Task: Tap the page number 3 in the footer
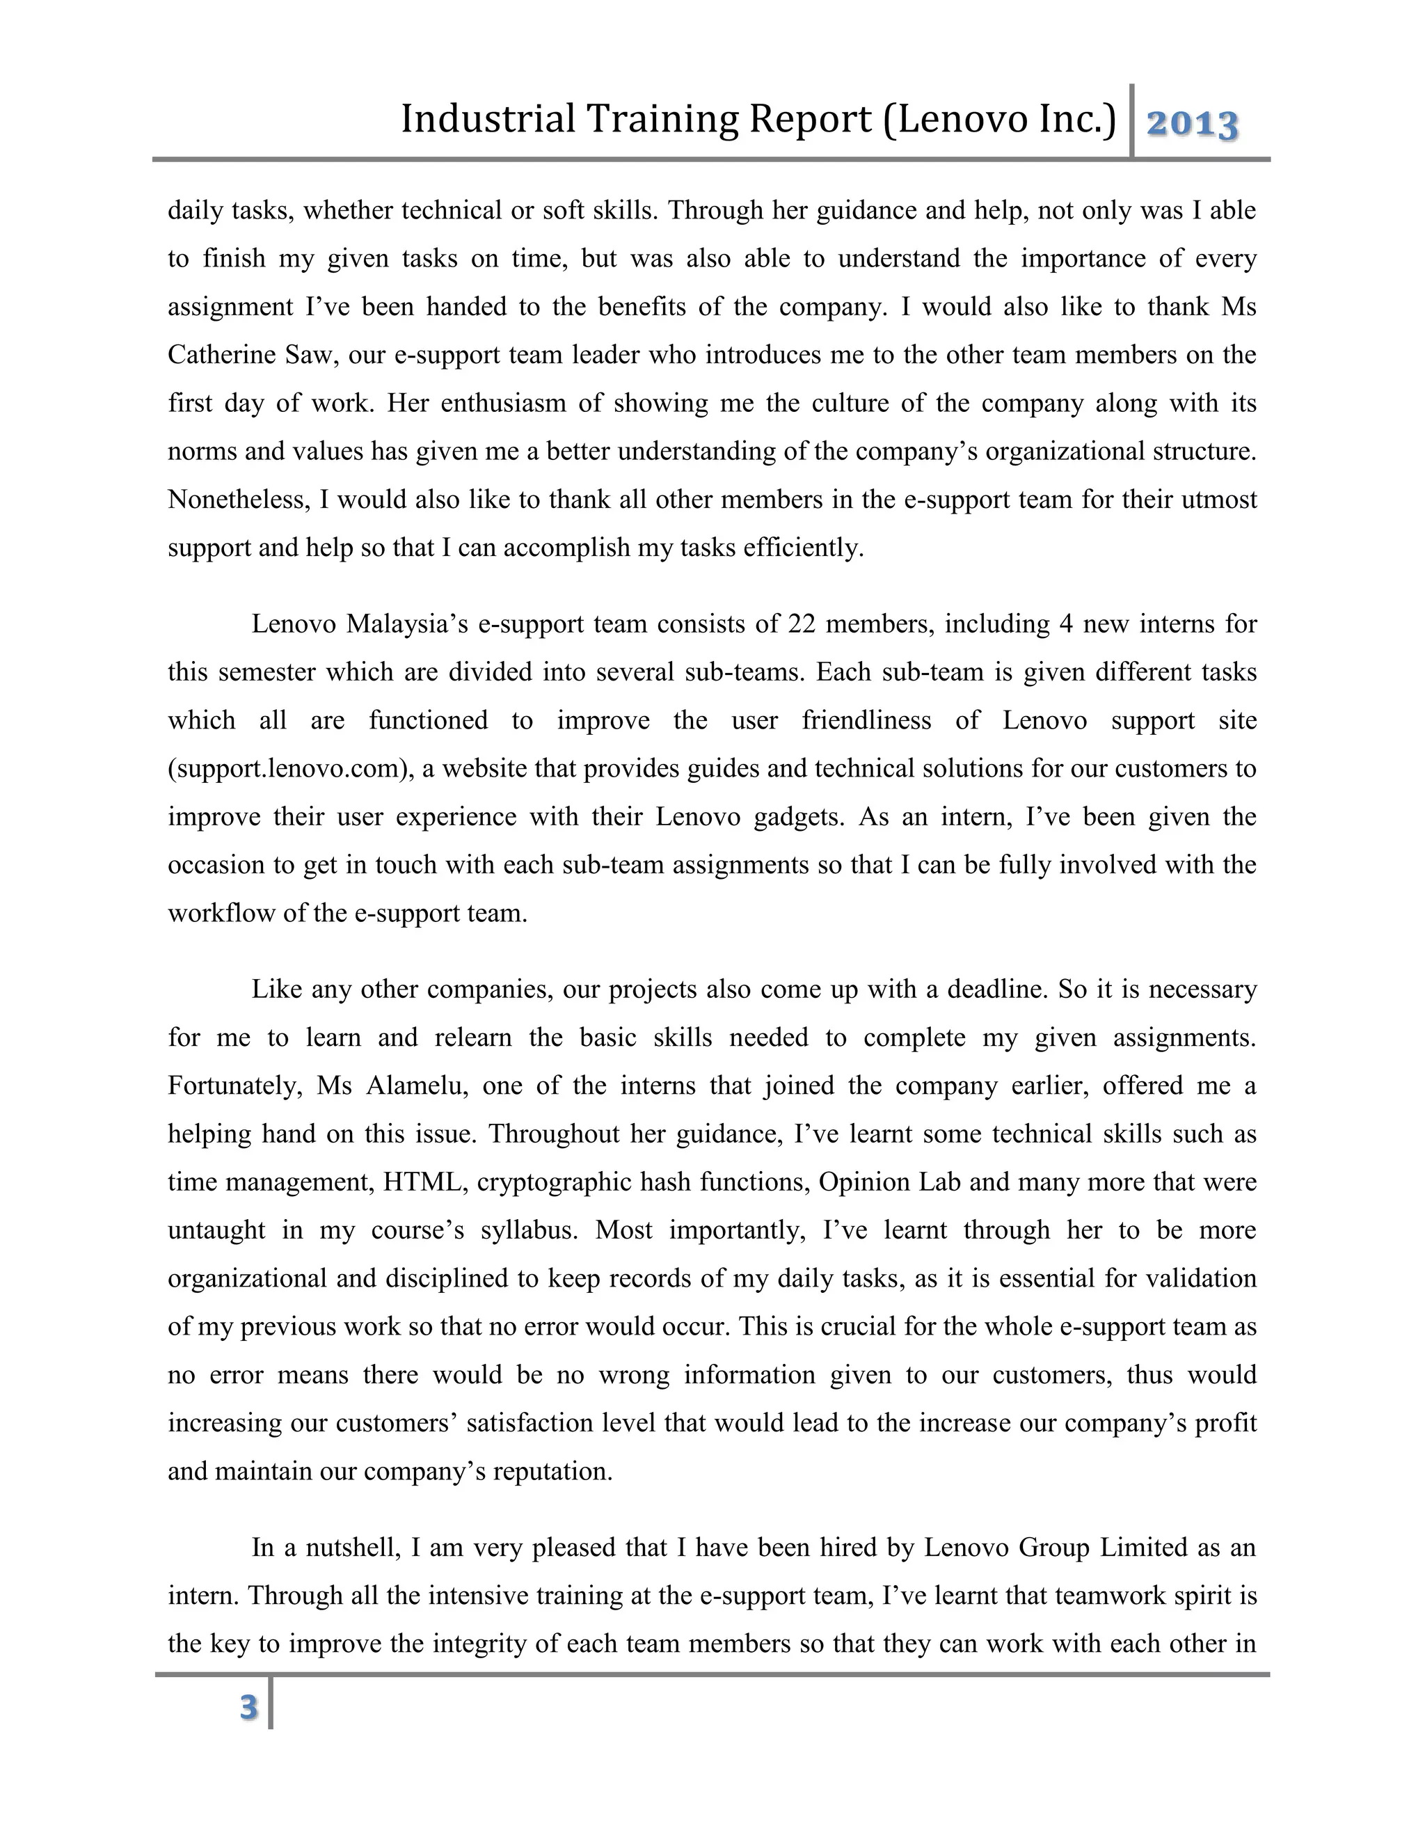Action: click(x=248, y=1706)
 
